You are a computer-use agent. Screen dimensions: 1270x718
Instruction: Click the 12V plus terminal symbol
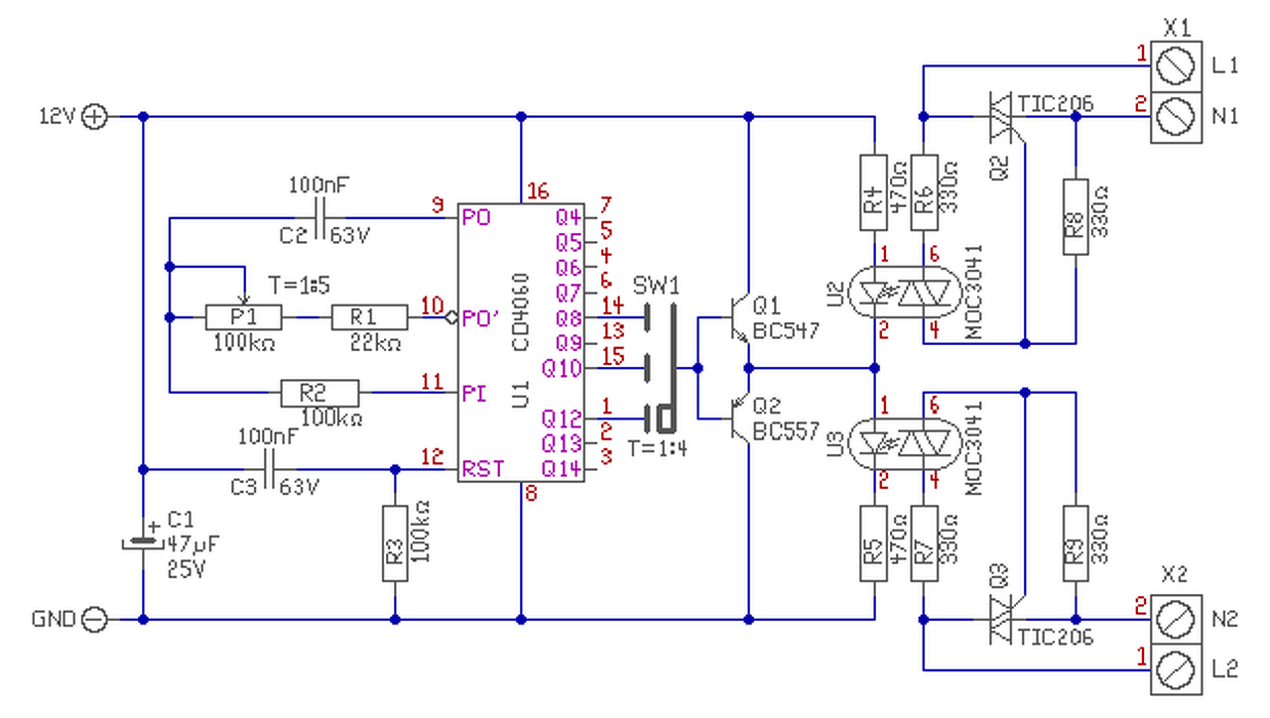pos(94,117)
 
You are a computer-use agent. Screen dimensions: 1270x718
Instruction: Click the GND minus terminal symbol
pos(94,620)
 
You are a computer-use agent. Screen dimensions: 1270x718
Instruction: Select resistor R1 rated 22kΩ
pos(370,317)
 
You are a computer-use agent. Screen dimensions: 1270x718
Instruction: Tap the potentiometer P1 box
pos(244,317)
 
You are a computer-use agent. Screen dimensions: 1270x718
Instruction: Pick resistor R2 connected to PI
pos(320,393)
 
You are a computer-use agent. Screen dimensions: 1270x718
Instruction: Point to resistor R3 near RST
pos(395,543)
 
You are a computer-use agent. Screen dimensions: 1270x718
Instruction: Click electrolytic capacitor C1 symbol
pos(143,542)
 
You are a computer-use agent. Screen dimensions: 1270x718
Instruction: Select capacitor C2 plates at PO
pos(319,218)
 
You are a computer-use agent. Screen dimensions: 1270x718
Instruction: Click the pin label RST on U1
pos(483,469)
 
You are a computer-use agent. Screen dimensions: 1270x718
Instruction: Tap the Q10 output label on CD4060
pos(562,368)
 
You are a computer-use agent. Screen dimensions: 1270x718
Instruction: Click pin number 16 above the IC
pos(538,191)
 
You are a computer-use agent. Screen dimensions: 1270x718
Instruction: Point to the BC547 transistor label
pos(786,330)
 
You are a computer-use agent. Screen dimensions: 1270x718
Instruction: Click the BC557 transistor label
pos(786,431)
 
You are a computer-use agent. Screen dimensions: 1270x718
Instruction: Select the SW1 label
pos(656,287)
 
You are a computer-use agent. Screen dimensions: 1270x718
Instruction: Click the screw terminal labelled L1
pos(1176,66)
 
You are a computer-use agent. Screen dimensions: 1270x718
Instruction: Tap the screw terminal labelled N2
pos(1176,620)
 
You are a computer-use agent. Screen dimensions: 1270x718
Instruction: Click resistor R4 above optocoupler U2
pos(874,192)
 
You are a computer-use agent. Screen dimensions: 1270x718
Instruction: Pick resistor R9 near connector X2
pos(1076,543)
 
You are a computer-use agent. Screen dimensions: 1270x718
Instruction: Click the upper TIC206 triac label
pos(1055,104)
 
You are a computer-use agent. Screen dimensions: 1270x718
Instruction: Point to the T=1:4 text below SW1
pos(658,449)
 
